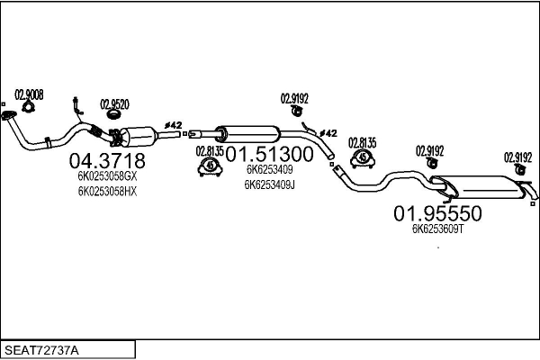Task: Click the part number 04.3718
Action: (107, 160)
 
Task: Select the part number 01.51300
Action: (269, 154)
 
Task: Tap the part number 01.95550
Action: (437, 213)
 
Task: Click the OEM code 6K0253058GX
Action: (107, 176)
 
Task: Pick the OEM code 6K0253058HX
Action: (107, 191)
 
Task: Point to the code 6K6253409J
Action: (270, 185)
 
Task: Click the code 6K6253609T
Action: (437, 229)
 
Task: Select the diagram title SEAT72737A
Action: (41, 350)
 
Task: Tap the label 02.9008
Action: (29, 94)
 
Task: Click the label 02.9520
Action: (114, 104)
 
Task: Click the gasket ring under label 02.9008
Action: (28, 107)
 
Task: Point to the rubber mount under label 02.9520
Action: (113, 114)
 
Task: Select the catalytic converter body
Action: (139, 137)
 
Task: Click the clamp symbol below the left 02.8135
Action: (210, 166)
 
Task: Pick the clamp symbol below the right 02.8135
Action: (363, 158)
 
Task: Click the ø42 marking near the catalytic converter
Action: (173, 125)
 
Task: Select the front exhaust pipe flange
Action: (8, 115)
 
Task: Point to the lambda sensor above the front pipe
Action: (77, 105)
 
